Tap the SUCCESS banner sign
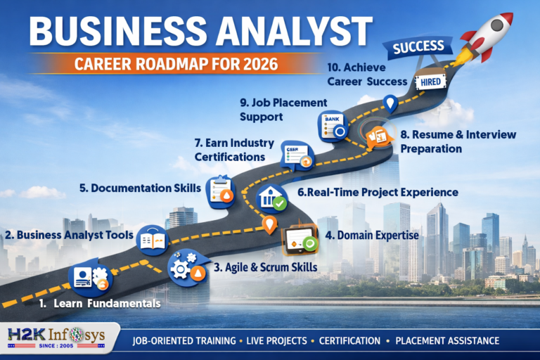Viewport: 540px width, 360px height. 418,47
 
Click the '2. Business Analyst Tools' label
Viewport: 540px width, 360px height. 69,235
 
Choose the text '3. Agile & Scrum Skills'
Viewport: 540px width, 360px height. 265,268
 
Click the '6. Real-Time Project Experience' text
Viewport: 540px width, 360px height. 378,192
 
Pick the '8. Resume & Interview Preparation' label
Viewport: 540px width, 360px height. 456,141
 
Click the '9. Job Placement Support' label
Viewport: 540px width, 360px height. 271,109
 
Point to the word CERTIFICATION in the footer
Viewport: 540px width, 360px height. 349,341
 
